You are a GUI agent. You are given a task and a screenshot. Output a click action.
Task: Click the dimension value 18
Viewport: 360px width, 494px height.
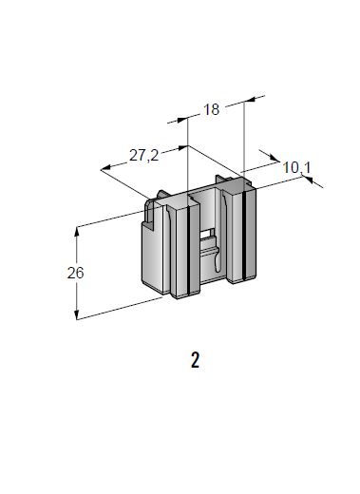point(211,109)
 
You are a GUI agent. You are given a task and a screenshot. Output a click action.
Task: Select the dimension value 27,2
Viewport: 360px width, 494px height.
point(143,156)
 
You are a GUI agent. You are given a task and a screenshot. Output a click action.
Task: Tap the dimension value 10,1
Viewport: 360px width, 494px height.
point(296,167)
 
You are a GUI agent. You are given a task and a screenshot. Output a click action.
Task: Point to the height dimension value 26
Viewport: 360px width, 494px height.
point(75,273)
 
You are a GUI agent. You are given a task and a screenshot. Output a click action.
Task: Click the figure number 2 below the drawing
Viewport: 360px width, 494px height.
point(195,360)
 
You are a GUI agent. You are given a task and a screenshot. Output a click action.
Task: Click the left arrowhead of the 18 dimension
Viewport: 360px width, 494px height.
point(182,120)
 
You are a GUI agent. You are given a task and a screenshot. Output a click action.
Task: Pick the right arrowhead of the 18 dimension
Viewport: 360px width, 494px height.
point(250,100)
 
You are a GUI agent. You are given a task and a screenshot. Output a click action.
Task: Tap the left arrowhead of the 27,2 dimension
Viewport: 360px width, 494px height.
point(106,168)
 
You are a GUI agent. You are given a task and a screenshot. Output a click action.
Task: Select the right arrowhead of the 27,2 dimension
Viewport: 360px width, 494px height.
point(183,147)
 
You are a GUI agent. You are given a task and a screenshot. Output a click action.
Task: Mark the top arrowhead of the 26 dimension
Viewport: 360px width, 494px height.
point(76,232)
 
